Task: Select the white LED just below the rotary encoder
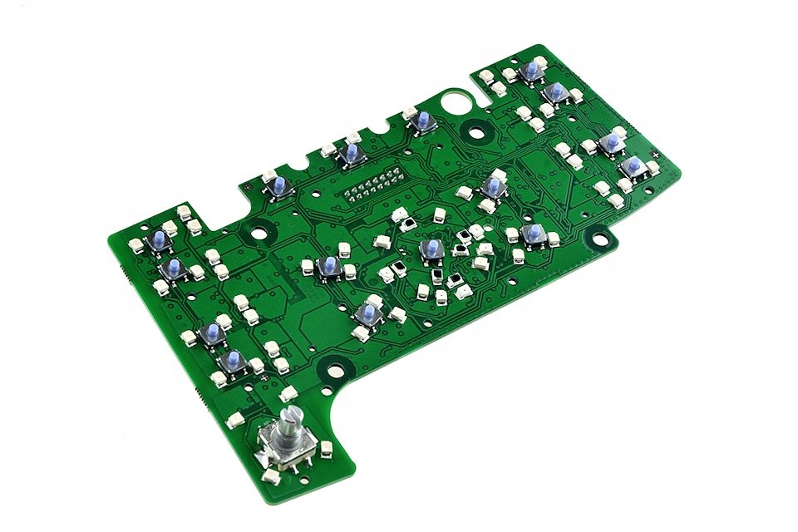click(271, 477)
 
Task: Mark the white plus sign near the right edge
click(656, 154)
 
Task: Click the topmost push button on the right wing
click(530, 71)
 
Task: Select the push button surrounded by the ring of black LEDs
click(431, 250)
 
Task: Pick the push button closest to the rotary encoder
click(232, 360)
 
